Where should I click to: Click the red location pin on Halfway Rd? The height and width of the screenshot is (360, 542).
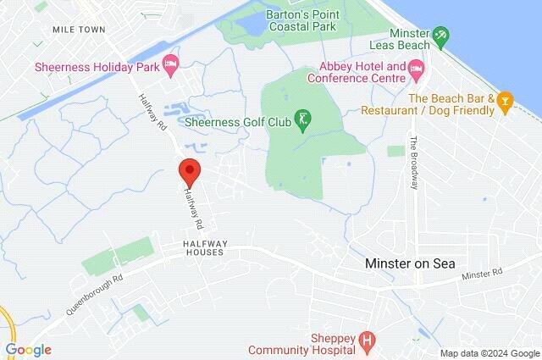[x=189, y=170]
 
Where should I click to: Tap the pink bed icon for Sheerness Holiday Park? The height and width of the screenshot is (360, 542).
[x=170, y=64]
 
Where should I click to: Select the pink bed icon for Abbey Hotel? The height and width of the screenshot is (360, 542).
[x=415, y=66]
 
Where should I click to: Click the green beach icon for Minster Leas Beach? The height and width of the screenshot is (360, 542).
[x=440, y=36]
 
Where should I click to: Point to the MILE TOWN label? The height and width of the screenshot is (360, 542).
[x=78, y=29]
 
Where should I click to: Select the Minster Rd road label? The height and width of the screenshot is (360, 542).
[x=483, y=274]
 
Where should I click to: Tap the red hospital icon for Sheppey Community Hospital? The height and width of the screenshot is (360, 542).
[x=367, y=341]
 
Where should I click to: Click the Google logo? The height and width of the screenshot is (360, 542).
[x=28, y=350]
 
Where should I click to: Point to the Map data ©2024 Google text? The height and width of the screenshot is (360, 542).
[x=489, y=353]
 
